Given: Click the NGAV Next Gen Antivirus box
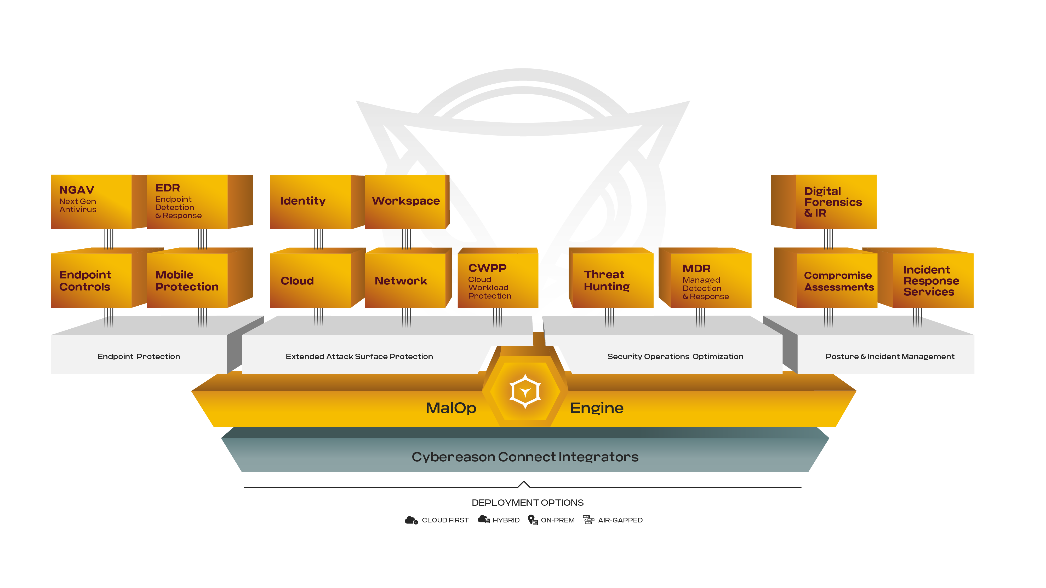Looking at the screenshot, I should tap(91, 202).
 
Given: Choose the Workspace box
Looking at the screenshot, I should tap(405, 202).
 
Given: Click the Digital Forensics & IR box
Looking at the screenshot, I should tap(835, 202).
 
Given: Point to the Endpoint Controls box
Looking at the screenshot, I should tap(91, 280).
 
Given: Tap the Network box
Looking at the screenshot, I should tap(405, 280).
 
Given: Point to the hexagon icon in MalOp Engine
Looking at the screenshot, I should tap(525, 392).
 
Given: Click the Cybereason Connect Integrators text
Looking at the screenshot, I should tap(525, 457).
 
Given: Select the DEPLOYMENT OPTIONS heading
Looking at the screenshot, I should tap(528, 502).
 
